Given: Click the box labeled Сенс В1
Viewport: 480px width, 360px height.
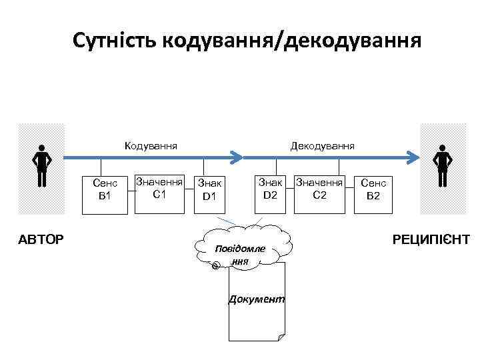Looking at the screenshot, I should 105,193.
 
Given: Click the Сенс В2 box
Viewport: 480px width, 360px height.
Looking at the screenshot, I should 373,193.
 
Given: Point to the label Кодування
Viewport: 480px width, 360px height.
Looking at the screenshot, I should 151,145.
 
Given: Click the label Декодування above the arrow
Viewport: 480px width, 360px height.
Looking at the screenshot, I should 322,145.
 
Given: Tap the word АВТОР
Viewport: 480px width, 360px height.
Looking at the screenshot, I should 41,239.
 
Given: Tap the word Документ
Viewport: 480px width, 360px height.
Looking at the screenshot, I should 257,299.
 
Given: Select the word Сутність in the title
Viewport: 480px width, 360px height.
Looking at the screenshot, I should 111,41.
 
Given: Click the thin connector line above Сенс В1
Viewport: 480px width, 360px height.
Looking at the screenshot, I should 101,167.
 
